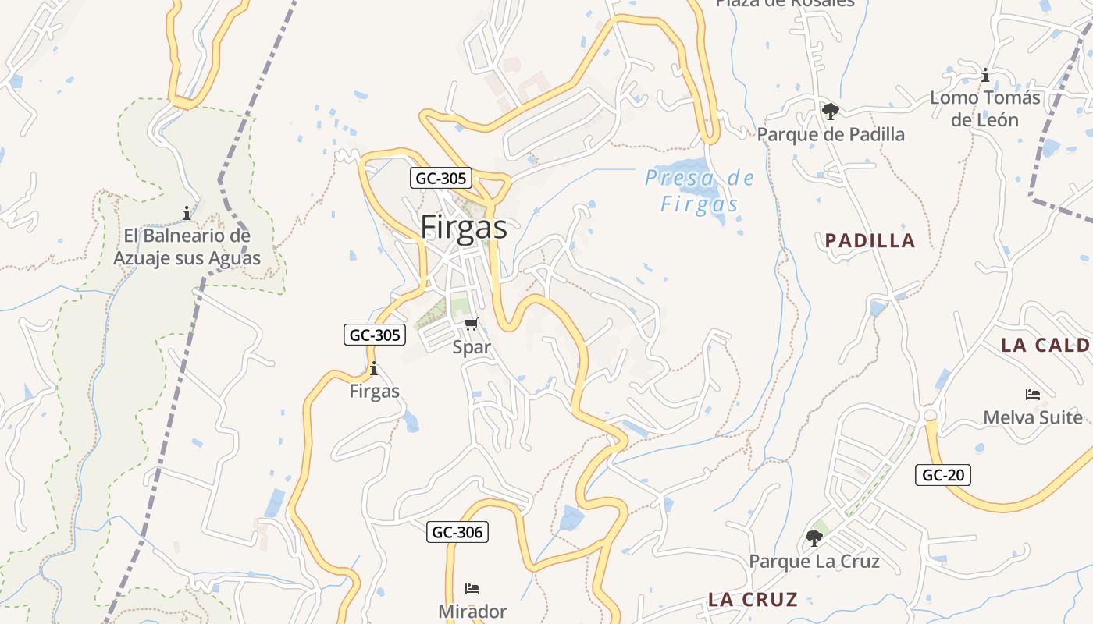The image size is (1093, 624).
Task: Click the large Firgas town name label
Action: pyautogui.click(x=464, y=227)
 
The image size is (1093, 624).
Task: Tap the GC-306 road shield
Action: pyautogui.click(x=458, y=532)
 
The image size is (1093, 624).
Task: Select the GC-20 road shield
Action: pyautogui.click(x=943, y=474)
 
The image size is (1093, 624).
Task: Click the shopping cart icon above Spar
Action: pyautogui.click(x=471, y=324)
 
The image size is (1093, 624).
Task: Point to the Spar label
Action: pyautogui.click(x=472, y=347)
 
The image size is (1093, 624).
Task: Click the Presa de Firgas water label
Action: pyautogui.click(x=700, y=191)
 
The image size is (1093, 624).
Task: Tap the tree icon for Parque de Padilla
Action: pyautogui.click(x=830, y=111)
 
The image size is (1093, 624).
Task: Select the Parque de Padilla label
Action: pyautogui.click(x=831, y=134)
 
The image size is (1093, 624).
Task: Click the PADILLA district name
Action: pyautogui.click(x=870, y=240)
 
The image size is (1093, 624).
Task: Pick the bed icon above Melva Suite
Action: pyautogui.click(x=1033, y=395)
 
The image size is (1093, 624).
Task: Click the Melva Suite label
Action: pyautogui.click(x=1033, y=417)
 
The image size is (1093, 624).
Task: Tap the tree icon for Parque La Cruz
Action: pyautogui.click(x=814, y=537)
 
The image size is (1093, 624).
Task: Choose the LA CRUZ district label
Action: pyautogui.click(x=753, y=599)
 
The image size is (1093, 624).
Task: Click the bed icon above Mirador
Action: pyautogui.click(x=472, y=588)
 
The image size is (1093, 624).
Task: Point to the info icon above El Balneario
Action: pyautogui.click(x=187, y=212)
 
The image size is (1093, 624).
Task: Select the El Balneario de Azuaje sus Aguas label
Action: pyautogui.click(x=187, y=246)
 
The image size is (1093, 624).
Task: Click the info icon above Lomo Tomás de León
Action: pyautogui.click(x=985, y=75)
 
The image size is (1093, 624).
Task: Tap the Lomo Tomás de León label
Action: pyautogui.click(x=985, y=108)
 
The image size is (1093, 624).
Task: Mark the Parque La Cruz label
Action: pyautogui.click(x=814, y=561)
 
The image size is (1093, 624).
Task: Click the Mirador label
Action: pyautogui.click(x=472, y=611)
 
